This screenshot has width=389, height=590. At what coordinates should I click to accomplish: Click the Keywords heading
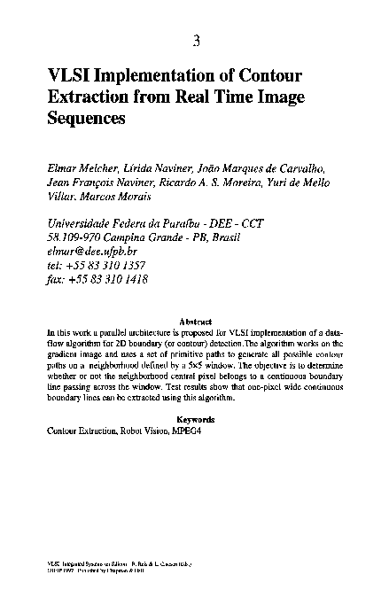[195, 418]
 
